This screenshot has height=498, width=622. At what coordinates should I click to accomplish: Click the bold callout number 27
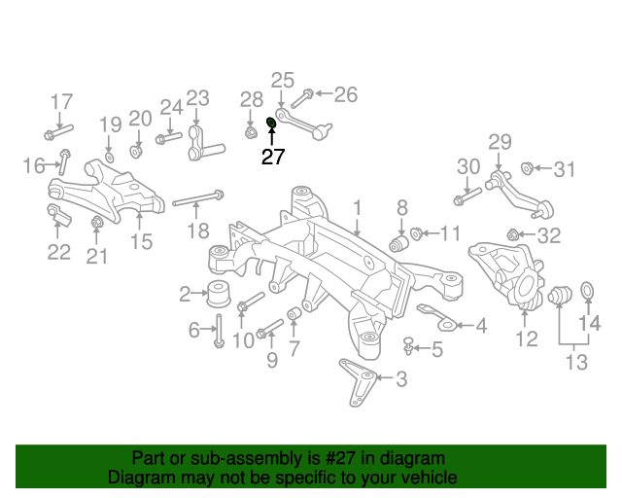click(272, 157)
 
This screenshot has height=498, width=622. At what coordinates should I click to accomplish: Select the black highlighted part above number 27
click(272, 123)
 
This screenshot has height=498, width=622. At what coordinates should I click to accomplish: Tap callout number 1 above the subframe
click(357, 207)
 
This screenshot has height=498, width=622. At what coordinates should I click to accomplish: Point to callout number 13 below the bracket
click(576, 363)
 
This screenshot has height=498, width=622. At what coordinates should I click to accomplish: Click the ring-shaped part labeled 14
click(587, 290)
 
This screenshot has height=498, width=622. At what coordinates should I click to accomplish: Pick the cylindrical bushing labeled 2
click(219, 290)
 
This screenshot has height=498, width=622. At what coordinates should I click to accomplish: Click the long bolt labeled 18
click(198, 200)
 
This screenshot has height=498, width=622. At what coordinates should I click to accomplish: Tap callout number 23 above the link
click(197, 98)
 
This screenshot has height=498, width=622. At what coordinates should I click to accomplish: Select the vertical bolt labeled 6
click(219, 329)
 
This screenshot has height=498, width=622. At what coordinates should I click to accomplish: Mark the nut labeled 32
click(512, 234)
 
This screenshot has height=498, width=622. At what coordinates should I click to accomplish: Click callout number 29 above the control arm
click(499, 143)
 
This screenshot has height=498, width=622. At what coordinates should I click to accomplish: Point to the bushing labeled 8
click(397, 240)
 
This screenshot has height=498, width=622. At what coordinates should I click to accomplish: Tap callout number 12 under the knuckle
click(526, 338)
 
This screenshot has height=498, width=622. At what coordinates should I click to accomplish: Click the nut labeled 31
click(529, 169)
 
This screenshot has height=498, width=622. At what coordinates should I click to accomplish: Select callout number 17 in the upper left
click(61, 101)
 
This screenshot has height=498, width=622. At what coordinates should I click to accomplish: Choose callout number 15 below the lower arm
click(142, 242)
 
